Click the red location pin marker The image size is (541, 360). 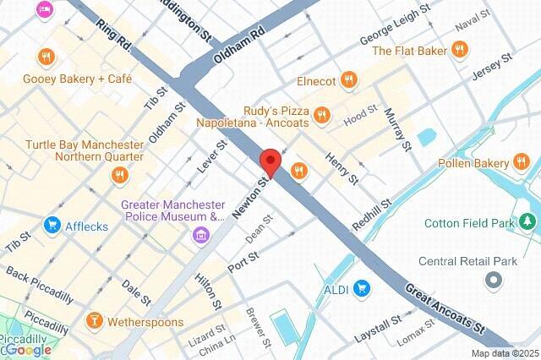(x=270, y=161)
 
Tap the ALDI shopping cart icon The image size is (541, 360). (x=362, y=289)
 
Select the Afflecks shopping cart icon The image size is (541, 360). (x=53, y=225)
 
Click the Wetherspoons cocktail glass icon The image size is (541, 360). (x=95, y=320)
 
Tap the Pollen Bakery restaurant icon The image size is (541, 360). (x=523, y=162)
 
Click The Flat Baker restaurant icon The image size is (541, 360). (x=461, y=51)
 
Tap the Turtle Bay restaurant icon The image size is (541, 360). (x=119, y=175)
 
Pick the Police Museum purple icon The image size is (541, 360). (x=200, y=233)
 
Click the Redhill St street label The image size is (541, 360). (x=372, y=215)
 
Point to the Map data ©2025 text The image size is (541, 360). (x=504, y=353)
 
